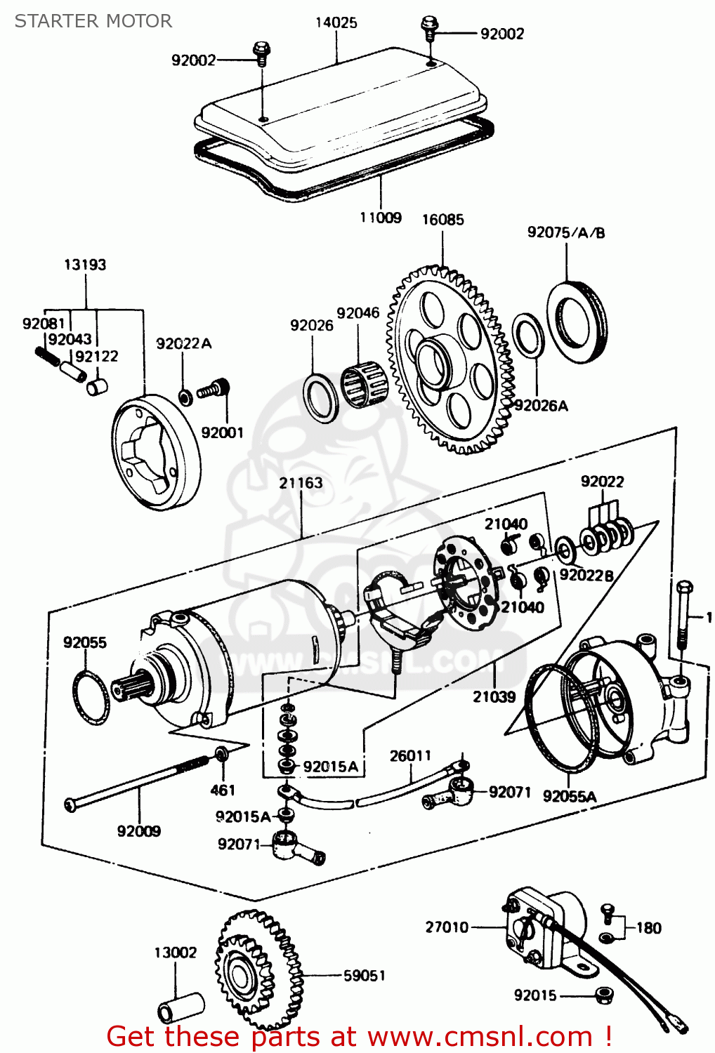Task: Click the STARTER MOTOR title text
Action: click(93, 21)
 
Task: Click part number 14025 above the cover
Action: click(336, 22)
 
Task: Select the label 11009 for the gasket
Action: click(380, 218)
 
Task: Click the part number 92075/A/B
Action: click(566, 232)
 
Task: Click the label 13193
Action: click(85, 265)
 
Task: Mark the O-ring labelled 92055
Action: click(91, 698)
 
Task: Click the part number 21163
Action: click(301, 483)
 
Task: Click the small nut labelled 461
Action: click(221, 755)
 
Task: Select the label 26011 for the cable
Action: click(410, 755)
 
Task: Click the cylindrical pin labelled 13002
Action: click(181, 1009)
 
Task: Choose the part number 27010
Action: click(447, 927)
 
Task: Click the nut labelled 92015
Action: click(602, 995)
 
